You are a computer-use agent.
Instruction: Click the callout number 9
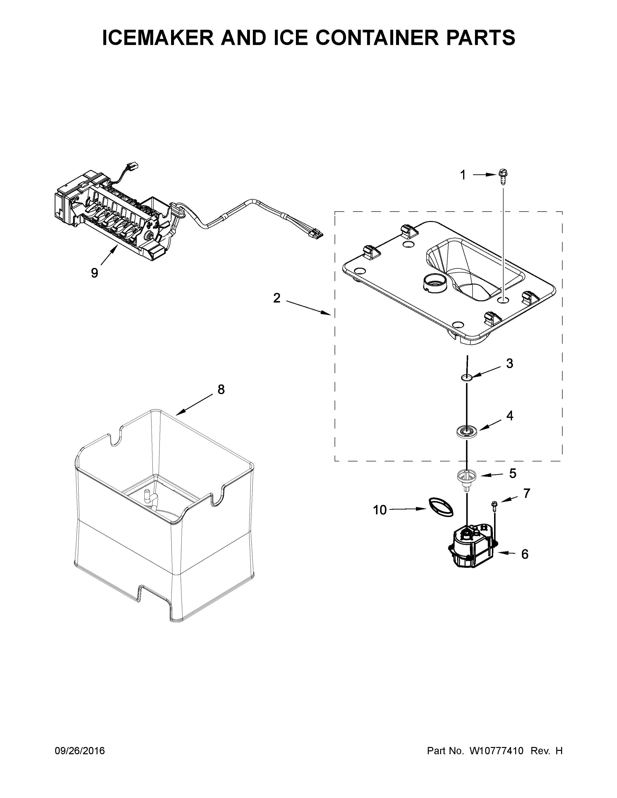point(95,273)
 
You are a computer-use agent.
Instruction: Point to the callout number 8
point(221,390)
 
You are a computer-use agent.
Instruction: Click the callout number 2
point(277,298)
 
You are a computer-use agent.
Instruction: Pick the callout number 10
point(380,510)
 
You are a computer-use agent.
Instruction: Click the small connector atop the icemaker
point(131,168)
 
